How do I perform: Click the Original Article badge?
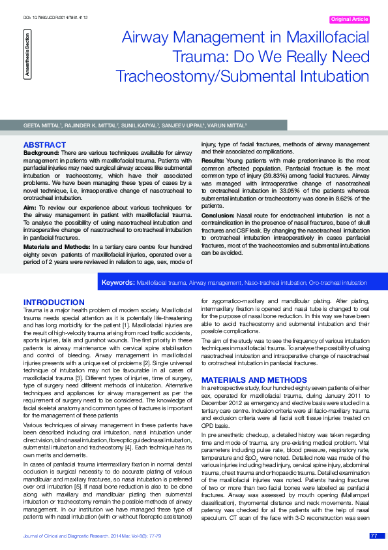350,20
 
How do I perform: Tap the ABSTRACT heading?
44,144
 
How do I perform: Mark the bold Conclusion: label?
218,215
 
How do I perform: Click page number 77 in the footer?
373,536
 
